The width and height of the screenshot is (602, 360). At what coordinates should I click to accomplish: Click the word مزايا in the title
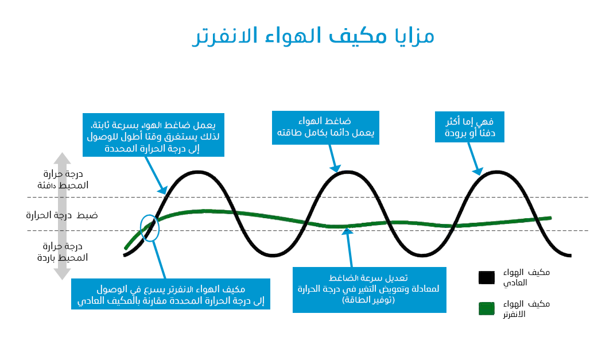click(415, 37)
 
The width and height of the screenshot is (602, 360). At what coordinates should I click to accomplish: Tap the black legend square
click(487, 277)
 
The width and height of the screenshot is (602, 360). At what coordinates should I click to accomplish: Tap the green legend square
click(487, 309)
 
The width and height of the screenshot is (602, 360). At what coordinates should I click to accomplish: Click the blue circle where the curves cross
click(149, 228)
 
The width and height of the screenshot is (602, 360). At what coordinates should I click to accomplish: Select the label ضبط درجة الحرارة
click(62, 215)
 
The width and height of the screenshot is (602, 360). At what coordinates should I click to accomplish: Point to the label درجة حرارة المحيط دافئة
click(63, 179)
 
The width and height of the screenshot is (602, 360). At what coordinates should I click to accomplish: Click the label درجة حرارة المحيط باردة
click(63, 251)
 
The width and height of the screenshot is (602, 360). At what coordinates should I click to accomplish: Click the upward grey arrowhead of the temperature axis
click(62, 158)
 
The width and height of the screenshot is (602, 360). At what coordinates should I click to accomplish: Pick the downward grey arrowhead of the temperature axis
click(62, 274)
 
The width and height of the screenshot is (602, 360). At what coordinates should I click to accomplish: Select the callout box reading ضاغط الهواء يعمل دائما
click(325, 127)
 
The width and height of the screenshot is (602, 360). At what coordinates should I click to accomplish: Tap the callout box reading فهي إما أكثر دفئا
click(469, 127)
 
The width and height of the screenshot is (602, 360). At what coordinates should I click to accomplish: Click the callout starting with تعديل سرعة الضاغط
click(370, 290)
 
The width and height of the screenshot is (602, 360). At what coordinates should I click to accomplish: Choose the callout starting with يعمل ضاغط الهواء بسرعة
click(153, 135)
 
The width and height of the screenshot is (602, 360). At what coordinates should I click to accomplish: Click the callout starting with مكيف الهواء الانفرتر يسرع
click(170, 294)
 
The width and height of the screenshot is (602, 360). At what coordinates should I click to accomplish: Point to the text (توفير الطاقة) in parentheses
click(368, 300)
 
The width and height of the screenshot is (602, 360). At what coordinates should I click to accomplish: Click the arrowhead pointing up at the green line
click(347, 231)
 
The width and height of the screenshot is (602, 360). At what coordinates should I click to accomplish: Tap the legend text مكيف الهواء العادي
click(526, 277)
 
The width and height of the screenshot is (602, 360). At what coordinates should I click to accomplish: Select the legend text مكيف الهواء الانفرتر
click(526, 309)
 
